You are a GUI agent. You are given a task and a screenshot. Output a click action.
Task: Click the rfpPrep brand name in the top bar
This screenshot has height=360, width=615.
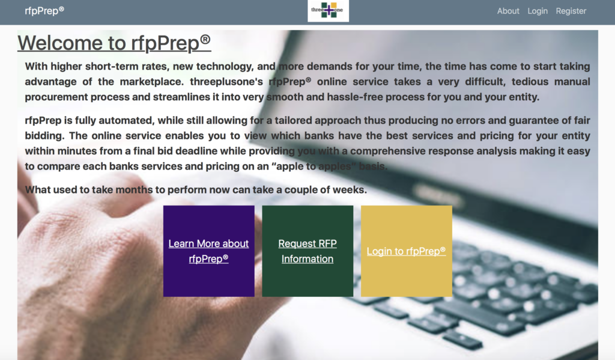(44, 11)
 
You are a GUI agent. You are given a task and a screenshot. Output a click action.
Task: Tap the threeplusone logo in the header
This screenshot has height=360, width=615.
(329, 11)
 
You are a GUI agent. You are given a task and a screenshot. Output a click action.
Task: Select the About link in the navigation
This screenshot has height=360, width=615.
(508, 11)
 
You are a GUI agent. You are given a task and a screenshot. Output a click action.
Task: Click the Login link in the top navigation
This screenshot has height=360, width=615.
(538, 11)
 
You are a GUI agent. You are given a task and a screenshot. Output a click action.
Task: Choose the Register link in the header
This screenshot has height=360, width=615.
(571, 11)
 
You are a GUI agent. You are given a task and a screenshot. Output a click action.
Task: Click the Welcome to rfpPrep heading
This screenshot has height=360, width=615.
(114, 43)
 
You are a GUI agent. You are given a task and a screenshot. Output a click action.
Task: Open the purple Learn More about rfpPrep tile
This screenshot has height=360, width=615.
(208, 251)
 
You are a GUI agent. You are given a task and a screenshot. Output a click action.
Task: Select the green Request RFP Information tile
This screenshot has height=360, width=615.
(307, 251)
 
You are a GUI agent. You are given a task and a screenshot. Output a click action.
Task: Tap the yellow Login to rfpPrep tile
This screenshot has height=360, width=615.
(407, 251)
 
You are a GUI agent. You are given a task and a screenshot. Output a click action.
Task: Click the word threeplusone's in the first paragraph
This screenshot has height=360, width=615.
(226, 82)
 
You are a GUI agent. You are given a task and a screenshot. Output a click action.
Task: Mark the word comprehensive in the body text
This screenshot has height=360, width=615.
(390, 151)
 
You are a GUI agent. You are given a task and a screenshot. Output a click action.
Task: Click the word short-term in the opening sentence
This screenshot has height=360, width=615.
(112, 66)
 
